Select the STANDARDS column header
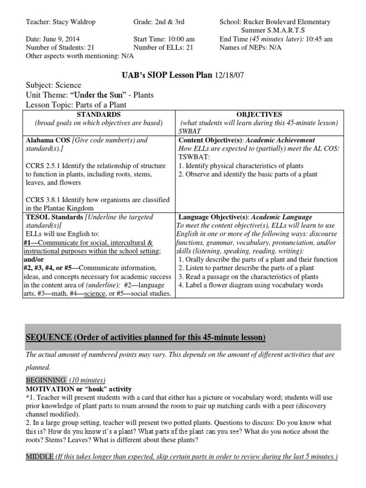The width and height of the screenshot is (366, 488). point(98,114)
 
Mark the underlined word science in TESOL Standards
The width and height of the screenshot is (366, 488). point(94,294)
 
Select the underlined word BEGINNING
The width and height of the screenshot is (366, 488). point(46,380)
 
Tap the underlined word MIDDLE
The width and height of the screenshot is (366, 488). point(39,457)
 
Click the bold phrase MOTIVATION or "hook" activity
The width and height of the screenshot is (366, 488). point(79,389)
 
